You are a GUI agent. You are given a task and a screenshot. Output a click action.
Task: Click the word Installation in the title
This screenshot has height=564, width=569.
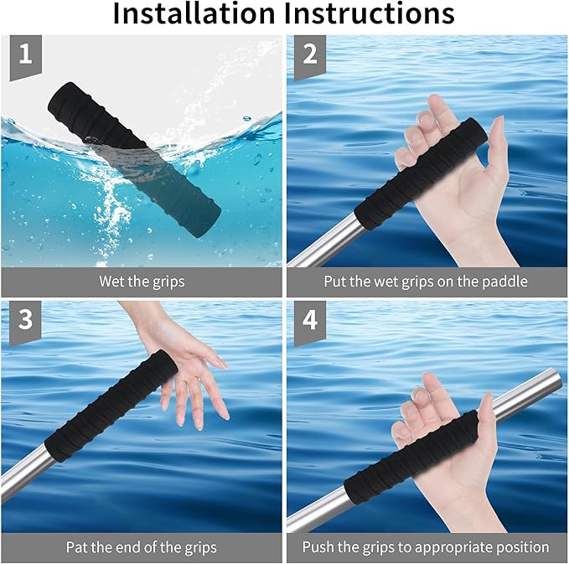(193, 15)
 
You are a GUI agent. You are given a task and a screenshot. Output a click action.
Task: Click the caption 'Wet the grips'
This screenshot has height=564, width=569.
(141, 282)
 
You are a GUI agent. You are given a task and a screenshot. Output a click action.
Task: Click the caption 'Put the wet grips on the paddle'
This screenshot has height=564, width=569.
(426, 282)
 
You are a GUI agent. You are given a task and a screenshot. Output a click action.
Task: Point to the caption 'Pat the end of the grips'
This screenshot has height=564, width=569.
(141, 547)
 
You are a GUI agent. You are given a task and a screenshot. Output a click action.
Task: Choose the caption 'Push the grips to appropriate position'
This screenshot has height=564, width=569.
(426, 547)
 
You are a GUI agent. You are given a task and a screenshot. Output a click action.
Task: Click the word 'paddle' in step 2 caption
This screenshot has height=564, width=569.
(507, 282)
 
